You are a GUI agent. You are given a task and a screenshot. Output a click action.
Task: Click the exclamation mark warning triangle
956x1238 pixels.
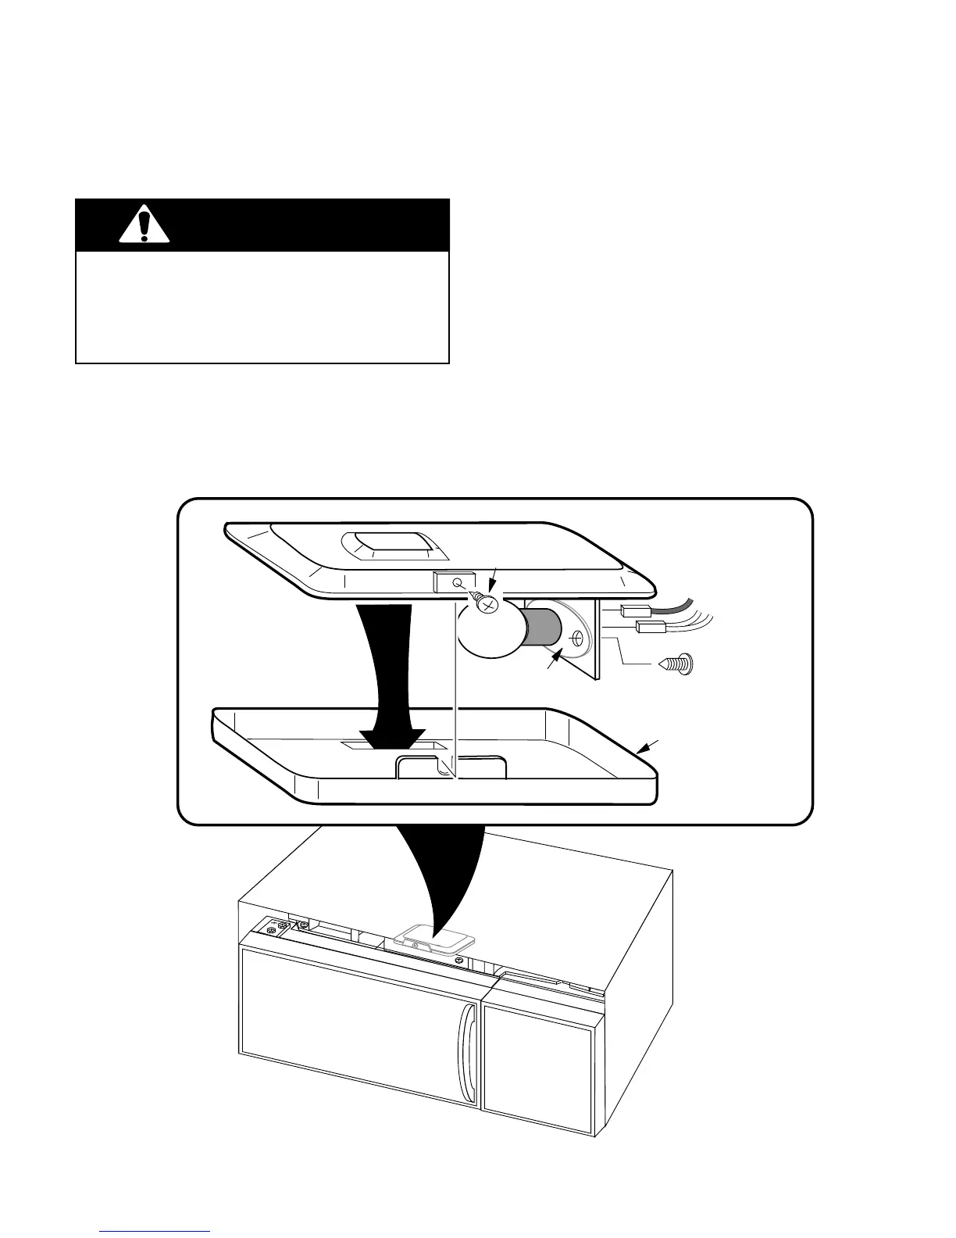(x=144, y=226)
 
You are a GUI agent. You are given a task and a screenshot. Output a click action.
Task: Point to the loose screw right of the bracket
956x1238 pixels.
(x=676, y=665)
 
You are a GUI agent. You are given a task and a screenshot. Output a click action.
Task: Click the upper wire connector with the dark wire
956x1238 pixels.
(x=632, y=611)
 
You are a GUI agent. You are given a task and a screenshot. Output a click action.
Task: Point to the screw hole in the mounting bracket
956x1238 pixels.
(x=577, y=639)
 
